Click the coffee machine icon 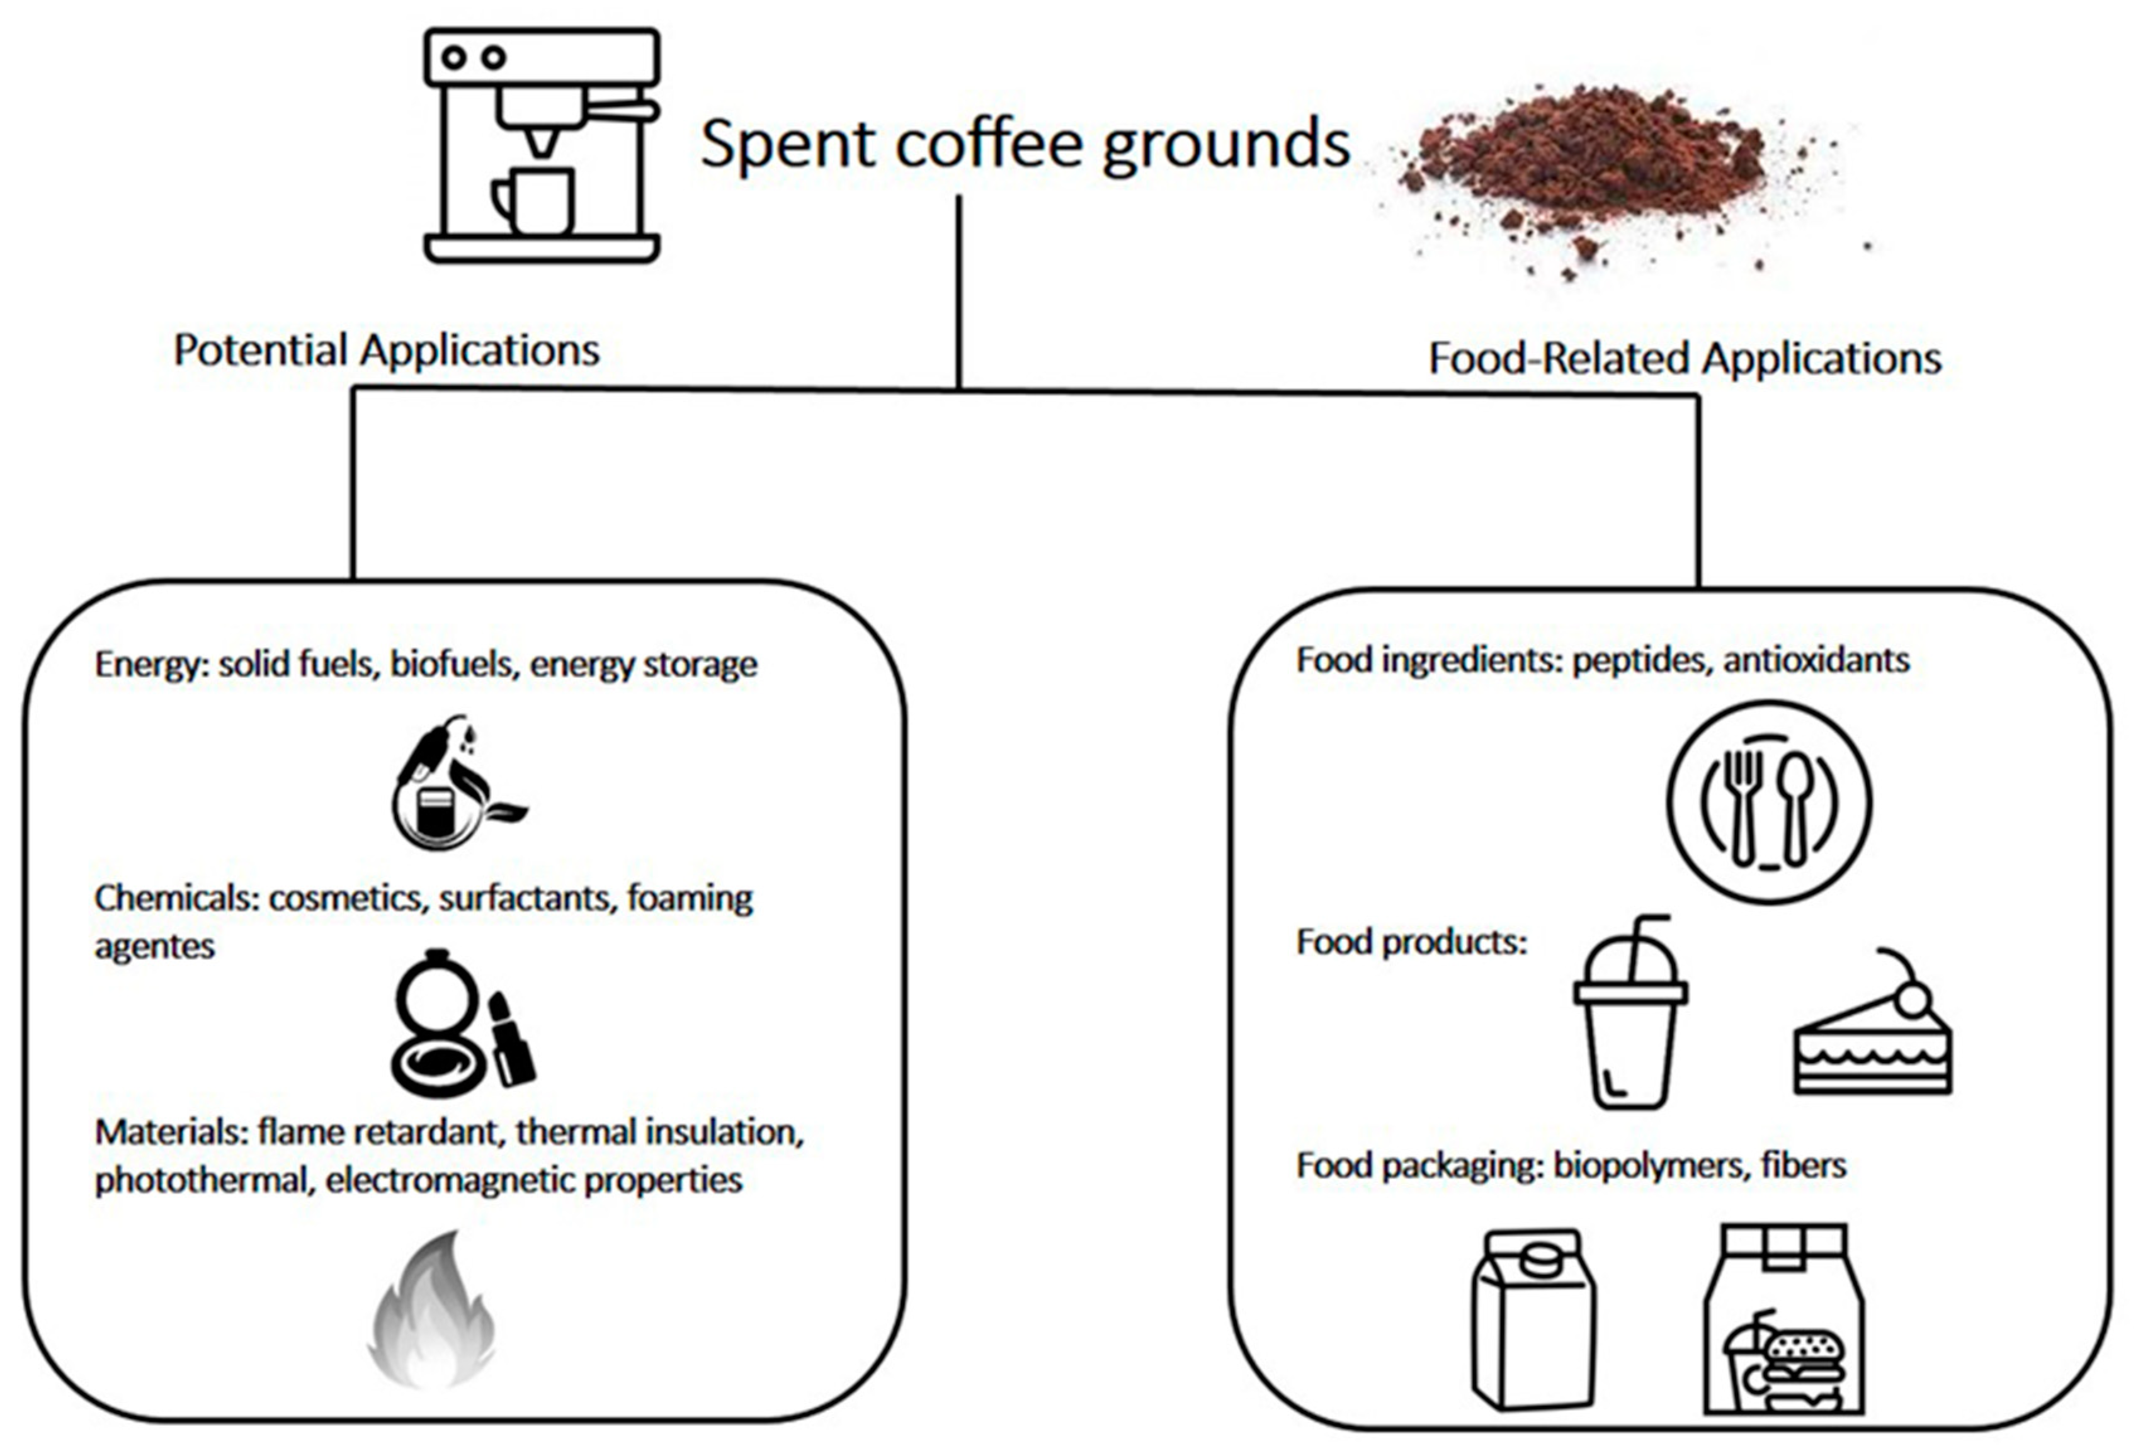541,145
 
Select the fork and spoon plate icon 1769,802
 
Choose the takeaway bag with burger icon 1783,1320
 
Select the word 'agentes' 154,947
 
